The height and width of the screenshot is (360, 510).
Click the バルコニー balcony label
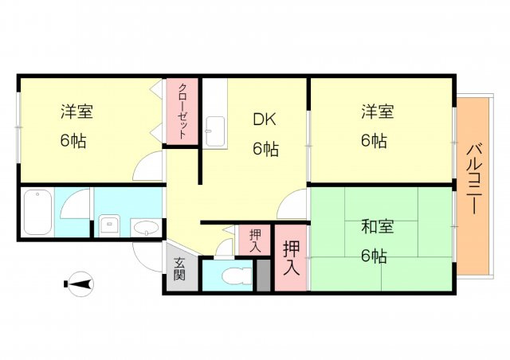click(474, 179)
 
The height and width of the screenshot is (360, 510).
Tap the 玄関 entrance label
click(179, 269)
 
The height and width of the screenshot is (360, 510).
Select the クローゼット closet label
click(183, 112)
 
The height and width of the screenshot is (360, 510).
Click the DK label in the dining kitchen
click(265, 119)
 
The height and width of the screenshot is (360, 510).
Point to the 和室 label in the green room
click(377, 227)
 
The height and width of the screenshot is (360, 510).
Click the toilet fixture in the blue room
click(236, 276)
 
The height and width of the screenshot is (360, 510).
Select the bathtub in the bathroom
click(37, 211)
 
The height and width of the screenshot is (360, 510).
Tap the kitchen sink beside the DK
click(214, 131)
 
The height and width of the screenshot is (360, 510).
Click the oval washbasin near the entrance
click(145, 228)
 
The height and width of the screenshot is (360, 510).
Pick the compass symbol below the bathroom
click(80, 284)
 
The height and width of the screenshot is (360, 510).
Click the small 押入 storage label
click(255, 241)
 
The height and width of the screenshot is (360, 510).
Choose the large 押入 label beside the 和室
click(291, 258)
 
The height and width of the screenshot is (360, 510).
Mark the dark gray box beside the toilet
click(264, 276)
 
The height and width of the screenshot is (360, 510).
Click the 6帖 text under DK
click(265, 149)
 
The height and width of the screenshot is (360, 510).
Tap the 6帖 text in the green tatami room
click(374, 256)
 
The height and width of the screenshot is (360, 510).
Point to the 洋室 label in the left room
click(76, 112)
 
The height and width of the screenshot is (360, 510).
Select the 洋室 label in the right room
click(377, 112)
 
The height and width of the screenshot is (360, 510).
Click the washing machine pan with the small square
click(110, 225)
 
